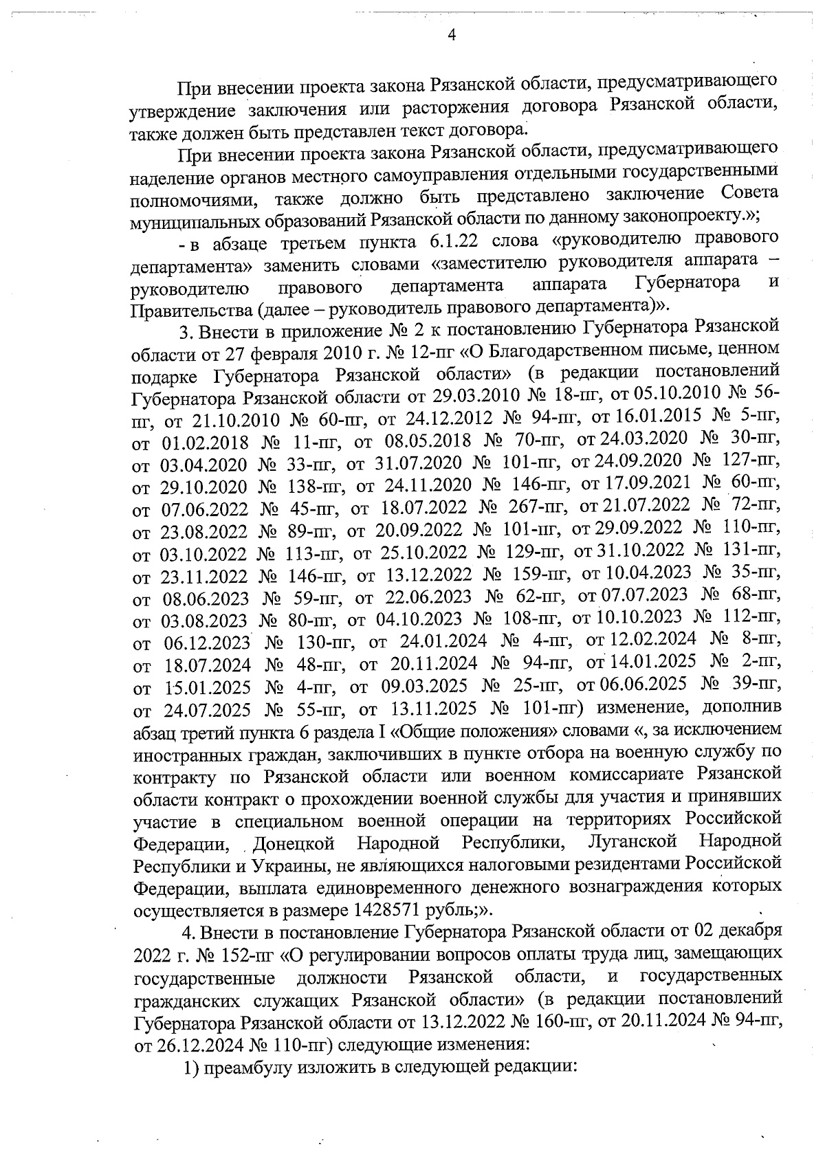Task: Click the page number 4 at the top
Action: pos(452,35)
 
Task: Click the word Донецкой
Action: pos(294,843)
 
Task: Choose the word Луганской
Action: pos(633,841)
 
